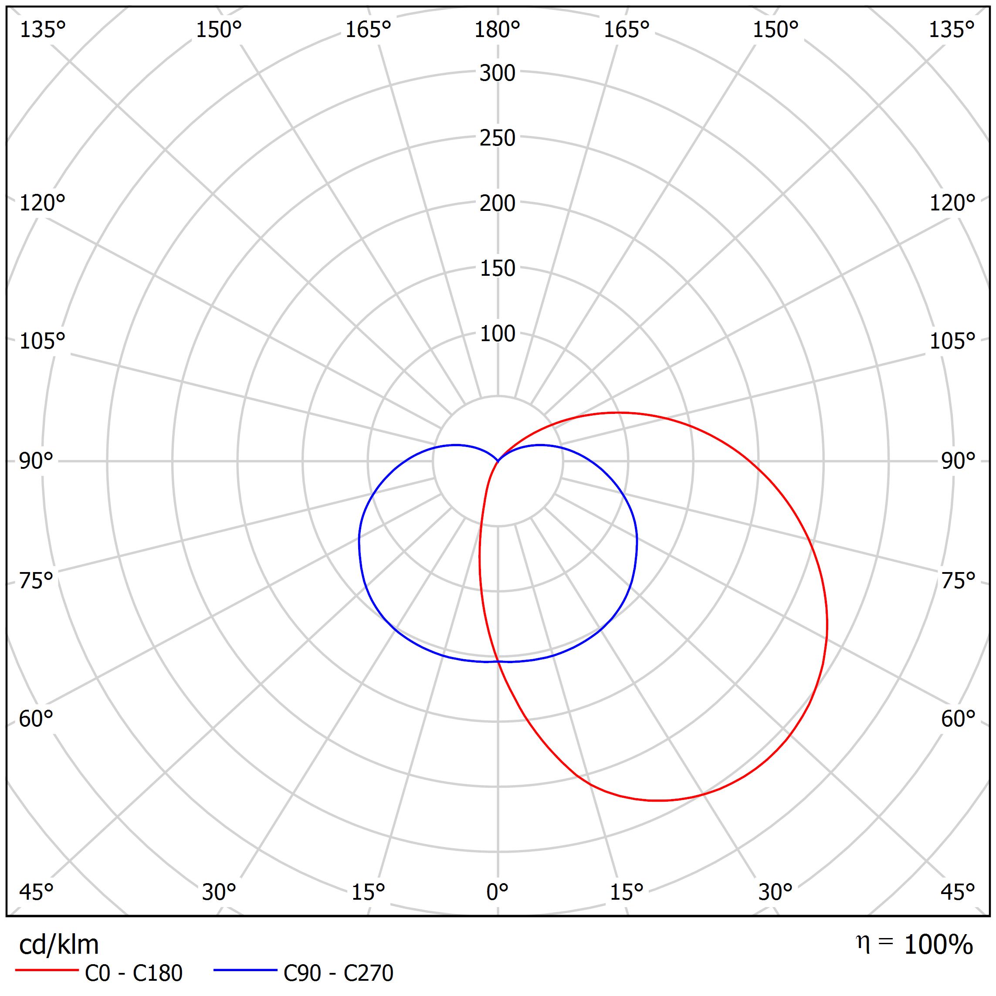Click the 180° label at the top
point(497,30)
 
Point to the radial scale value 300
point(497,74)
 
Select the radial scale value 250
point(497,138)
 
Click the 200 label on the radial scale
point(497,203)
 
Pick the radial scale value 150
point(497,268)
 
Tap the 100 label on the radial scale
point(497,334)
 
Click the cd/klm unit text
point(59,945)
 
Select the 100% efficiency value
point(938,945)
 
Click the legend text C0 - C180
point(133,973)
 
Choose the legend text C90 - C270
point(338,973)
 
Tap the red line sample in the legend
point(46,970)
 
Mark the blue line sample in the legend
point(245,970)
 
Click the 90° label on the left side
point(36,461)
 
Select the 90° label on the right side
point(958,461)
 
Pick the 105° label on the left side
point(42,341)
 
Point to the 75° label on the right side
point(958,581)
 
